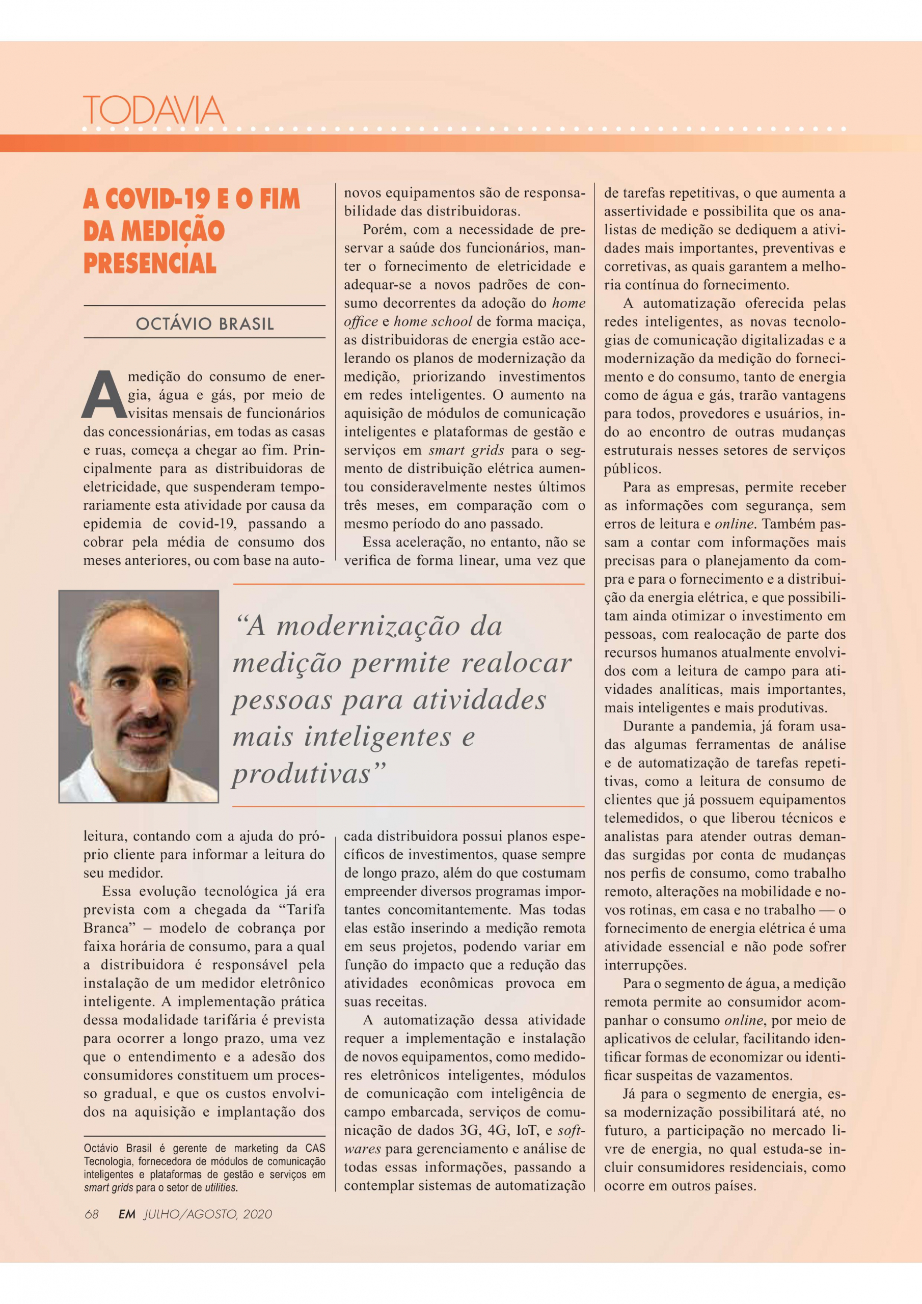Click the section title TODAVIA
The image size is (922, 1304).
point(153,110)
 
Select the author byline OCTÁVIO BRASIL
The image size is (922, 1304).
point(204,324)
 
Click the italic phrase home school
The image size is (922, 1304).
point(433,321)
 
